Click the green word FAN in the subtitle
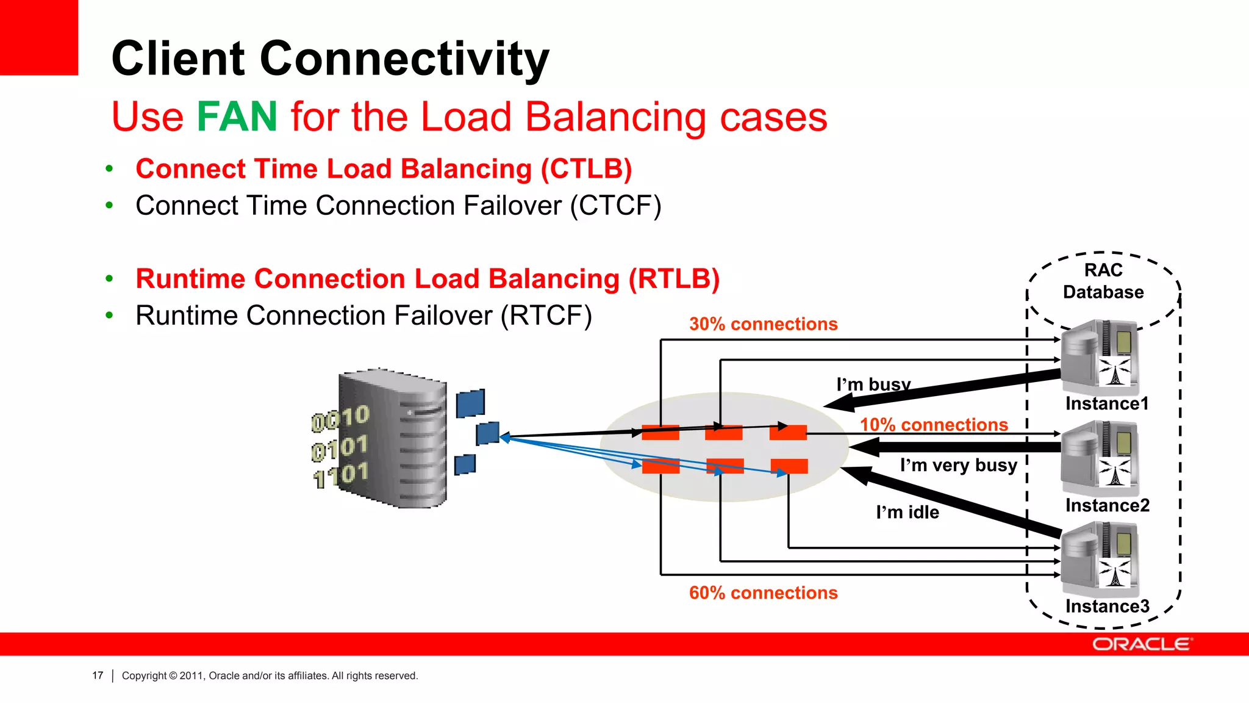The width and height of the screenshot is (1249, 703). click(x=237, y=117)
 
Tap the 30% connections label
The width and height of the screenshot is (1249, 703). click(x=763, y=324)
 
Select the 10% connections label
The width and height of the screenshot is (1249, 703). click(x=933, y=425)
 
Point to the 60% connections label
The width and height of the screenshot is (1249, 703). click(x=763, y=593)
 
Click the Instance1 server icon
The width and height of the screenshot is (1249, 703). click(x=1100, y=356)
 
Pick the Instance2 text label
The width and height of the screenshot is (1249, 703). click(x=1107, y=506)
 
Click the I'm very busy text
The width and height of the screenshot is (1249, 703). click(x=958, y=466)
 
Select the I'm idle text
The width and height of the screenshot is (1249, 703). click(x=907, y=513)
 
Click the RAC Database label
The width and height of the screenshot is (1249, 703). click(x=1103, y=281)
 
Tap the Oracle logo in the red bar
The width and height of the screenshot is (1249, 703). click(x=1141, y=644)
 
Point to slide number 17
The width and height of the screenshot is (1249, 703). click(x=98, y=676)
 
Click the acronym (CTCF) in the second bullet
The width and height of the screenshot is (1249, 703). click(x=615, y=206)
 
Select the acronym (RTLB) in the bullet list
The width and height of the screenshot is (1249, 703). click(x=674, y=279)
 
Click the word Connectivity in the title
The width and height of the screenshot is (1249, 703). click(x=404, y=59)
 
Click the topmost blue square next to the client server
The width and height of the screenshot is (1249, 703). click(x=470, y=403)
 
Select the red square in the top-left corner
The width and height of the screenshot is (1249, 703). click(x=38, y=37)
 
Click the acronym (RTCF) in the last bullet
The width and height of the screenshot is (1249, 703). click(x=546, y=316)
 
